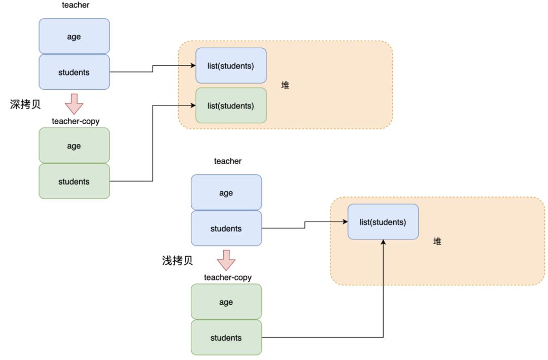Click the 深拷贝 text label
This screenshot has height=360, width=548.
tap(25, 104)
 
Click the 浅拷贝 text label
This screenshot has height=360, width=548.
tap(178, 261)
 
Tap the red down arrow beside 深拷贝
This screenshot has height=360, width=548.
tap(74, 104)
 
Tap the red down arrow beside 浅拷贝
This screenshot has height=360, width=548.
tap(226, 260)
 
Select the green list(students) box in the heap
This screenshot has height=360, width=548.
tap(231, 105)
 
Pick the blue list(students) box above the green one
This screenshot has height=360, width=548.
tap(231, 66)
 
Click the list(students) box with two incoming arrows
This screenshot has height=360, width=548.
tap(383, 222)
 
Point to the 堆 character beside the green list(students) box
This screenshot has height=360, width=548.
tap(285, 85)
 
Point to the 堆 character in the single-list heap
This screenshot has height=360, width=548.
tap(437, 241)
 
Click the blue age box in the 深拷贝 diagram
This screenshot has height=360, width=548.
tap(74, 37)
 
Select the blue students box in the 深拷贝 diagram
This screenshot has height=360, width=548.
tap(74, 72)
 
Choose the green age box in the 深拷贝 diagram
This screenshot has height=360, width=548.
tap(74, 146)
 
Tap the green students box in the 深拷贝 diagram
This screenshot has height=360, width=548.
tap(74, 181)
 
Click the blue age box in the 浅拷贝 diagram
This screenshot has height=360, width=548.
tap(226, 193)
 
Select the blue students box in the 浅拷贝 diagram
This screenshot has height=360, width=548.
tap(226, 228)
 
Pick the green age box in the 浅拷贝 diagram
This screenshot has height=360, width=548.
tap(226, 302)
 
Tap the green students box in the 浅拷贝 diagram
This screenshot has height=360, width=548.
tap(226, 337)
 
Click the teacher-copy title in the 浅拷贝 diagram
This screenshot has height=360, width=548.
tap(228, 277)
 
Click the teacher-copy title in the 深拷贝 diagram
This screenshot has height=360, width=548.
tap(76, 121)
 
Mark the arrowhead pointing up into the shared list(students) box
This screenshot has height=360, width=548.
tap(383, 242)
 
